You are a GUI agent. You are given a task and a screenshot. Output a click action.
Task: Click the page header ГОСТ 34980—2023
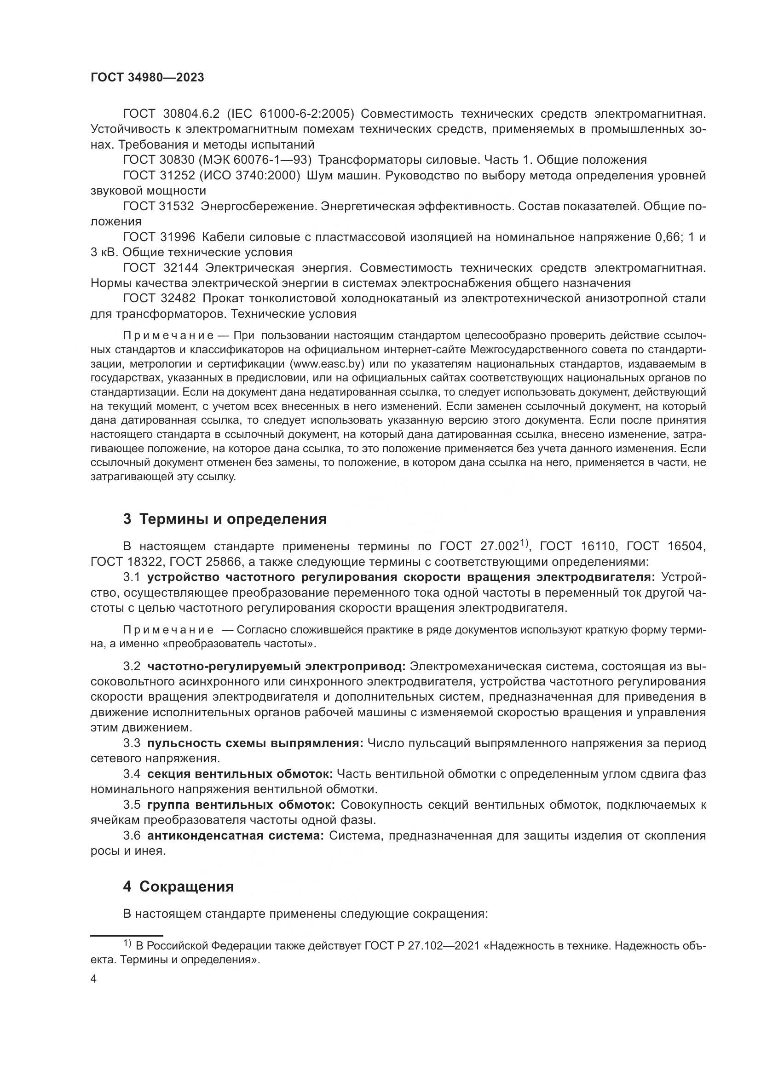point(147,78)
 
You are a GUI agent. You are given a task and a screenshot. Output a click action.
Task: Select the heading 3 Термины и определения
point(225,519)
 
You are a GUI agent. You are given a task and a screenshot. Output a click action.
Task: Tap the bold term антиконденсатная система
point(235,835)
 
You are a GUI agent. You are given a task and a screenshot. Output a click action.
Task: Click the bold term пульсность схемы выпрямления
point(255,743)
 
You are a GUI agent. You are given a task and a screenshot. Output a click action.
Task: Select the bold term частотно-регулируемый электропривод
point(277,666)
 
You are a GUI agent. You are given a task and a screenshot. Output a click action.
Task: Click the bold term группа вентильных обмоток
point(241,805)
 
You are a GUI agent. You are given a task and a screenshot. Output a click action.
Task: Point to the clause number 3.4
point(132,774)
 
